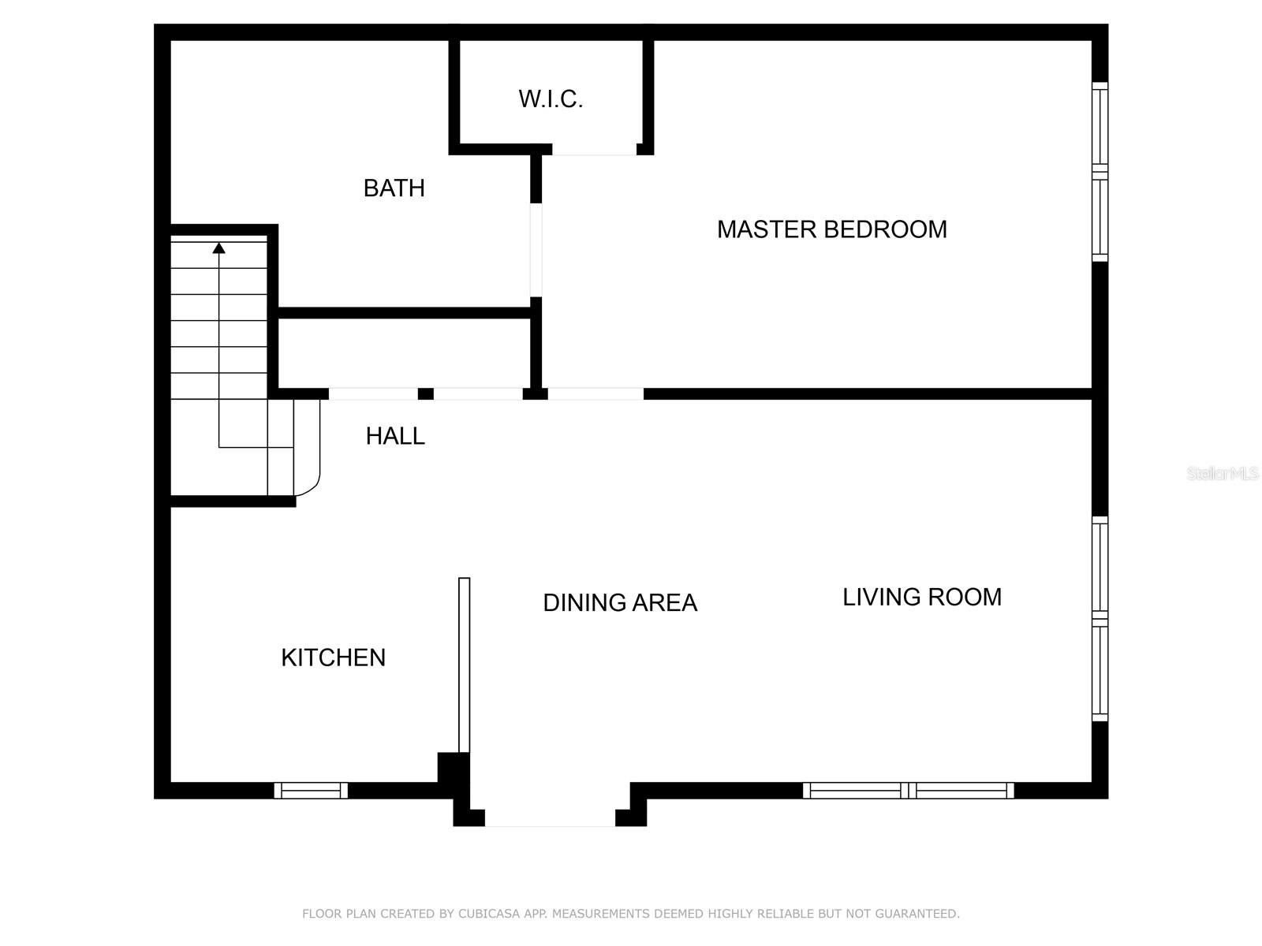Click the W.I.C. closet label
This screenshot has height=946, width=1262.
pos(551,99)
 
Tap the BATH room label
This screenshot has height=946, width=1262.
pos(394,188)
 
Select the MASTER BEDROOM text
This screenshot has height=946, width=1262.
pos(831,229)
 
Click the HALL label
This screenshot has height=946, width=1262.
pos(395,436)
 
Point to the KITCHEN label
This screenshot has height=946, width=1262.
pos(333,657)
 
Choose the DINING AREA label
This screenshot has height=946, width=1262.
pos(620,603)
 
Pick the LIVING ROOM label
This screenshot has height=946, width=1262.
pos(921,598)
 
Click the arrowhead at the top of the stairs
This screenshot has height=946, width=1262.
pos(219,248)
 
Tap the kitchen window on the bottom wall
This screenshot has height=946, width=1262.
pos(311,790)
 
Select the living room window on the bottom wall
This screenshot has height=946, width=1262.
pos(908,790)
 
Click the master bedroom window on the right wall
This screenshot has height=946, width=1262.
pos(1100,171)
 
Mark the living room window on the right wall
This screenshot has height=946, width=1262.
pos(1100,619)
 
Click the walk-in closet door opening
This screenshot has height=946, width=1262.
pos(594,150)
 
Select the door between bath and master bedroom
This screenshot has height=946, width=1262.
pos(536,250)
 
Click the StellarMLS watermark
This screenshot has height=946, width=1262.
pos(1223,473)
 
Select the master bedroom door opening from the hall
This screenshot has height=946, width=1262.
pos(596,393)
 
